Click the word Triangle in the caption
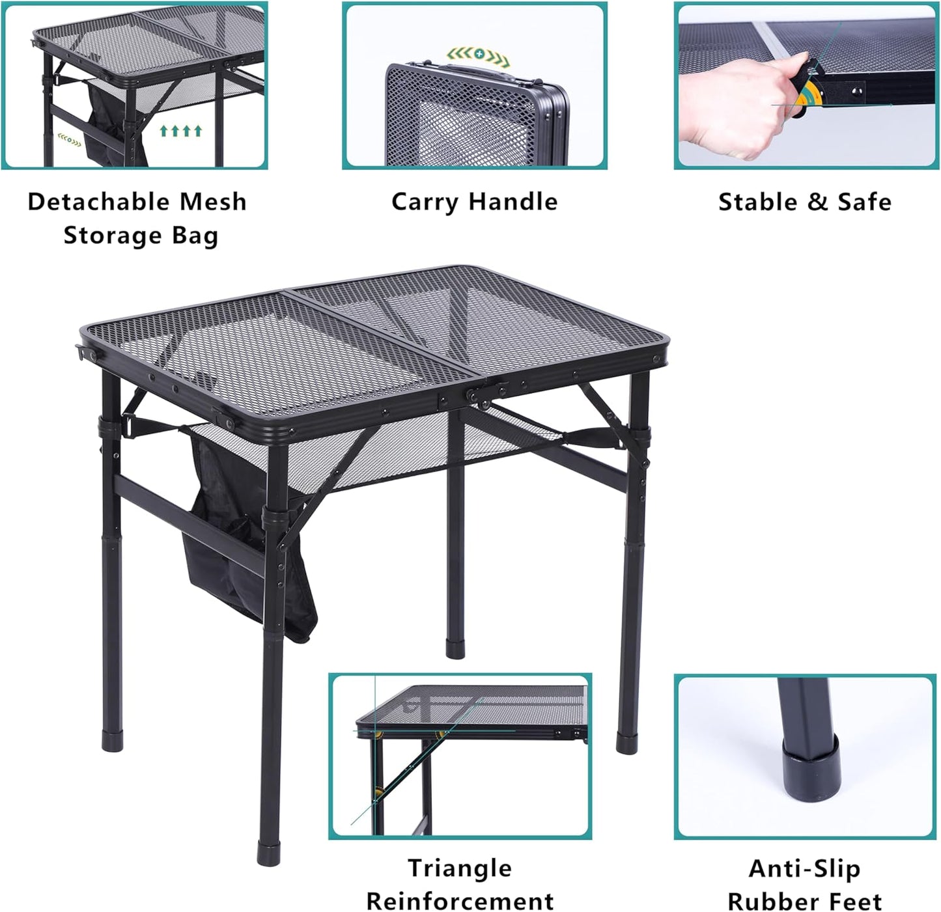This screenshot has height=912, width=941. (x=460, y=868)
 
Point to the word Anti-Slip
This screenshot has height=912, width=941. (x=804, y=868)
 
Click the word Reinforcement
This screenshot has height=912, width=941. (x=460, y=902)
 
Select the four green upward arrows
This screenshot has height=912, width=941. (x=181, y=131)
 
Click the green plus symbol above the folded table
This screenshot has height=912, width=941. (x=480, y=52)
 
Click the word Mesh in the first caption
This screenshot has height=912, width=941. (x=213, y=202)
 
